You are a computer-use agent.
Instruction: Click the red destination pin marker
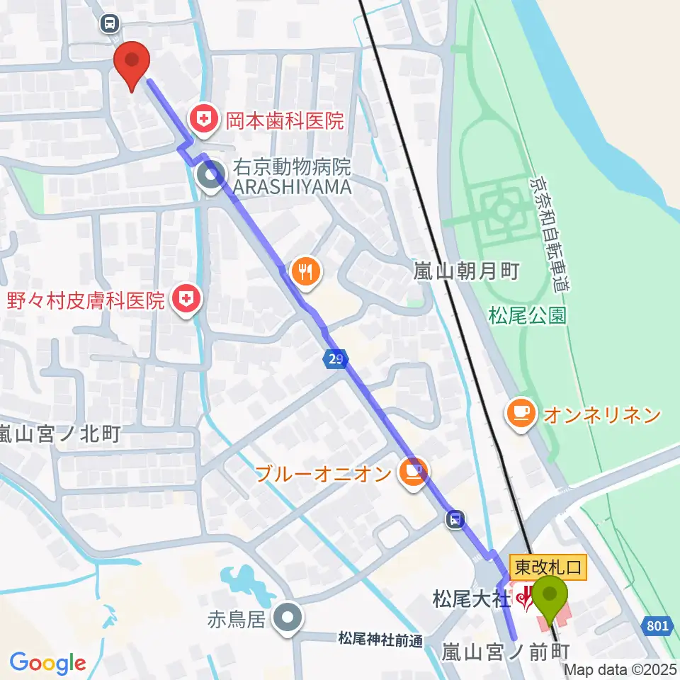point(132,63)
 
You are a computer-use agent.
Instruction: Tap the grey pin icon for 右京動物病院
point(210,177)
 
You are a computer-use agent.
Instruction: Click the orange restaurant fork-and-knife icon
point(306,271)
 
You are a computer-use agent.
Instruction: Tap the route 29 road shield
point(336,360)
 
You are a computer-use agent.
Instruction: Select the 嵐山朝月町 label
point(467,271)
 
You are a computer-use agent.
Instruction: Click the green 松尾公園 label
point(528,315)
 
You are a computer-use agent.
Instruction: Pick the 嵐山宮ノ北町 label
point(60,433)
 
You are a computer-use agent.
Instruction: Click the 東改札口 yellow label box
point(548,567)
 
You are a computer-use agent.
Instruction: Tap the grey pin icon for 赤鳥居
point(287,618)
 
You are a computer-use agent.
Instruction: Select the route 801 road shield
point(657,626)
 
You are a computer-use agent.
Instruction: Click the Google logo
point(47,663)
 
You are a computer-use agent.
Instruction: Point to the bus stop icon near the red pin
point(110,24)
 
